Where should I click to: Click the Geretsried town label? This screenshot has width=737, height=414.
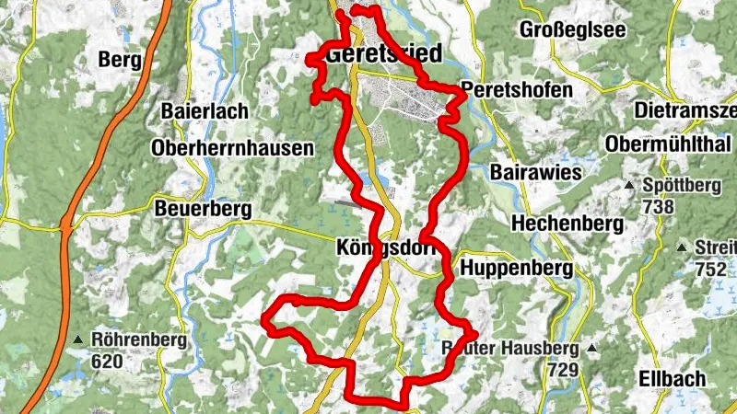(383, 52)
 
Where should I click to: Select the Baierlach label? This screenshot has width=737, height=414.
(205, 111)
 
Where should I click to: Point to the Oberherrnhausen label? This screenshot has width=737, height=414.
(233, 147)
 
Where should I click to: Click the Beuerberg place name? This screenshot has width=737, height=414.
(204, 210)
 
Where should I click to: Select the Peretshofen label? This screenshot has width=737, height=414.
(516, 92)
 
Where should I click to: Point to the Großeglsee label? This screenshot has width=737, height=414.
(572, 29)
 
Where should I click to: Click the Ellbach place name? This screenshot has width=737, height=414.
(672, 378)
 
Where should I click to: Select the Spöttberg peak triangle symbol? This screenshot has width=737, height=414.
(629, 186)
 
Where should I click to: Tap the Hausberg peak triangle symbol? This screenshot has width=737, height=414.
(591, 349)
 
